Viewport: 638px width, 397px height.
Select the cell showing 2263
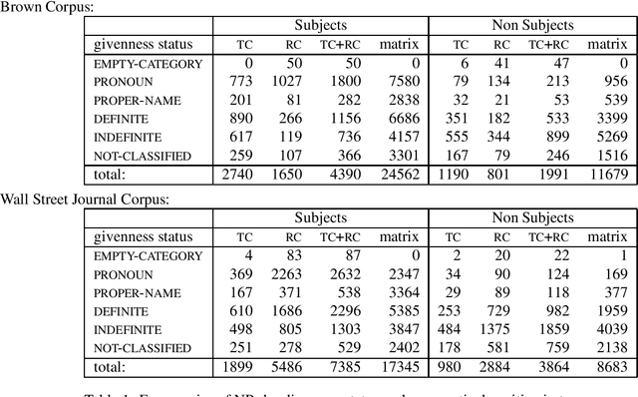[291, 272]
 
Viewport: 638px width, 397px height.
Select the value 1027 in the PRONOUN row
[291, 81]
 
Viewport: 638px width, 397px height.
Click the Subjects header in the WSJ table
[320, 216]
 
